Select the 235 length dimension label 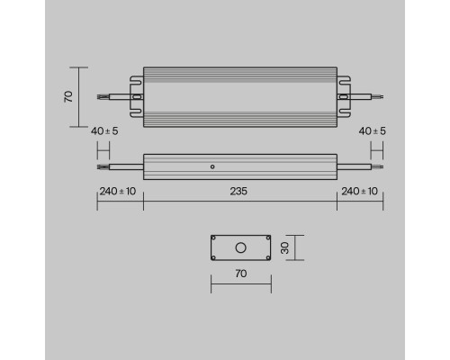point(239,190)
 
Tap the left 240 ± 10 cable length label point(118,190)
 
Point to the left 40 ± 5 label point(106,131)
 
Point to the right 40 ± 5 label point(372,131)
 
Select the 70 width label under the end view point(240,273)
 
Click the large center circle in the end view point(240,247)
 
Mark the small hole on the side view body point(211,166)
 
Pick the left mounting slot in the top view point(139,94)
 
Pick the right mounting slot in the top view point(342,94)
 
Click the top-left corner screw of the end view point(215,238)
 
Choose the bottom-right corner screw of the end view point(266,256)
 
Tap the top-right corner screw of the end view point(266,238)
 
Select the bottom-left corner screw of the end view point(215,256)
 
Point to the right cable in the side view point(360,166)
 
